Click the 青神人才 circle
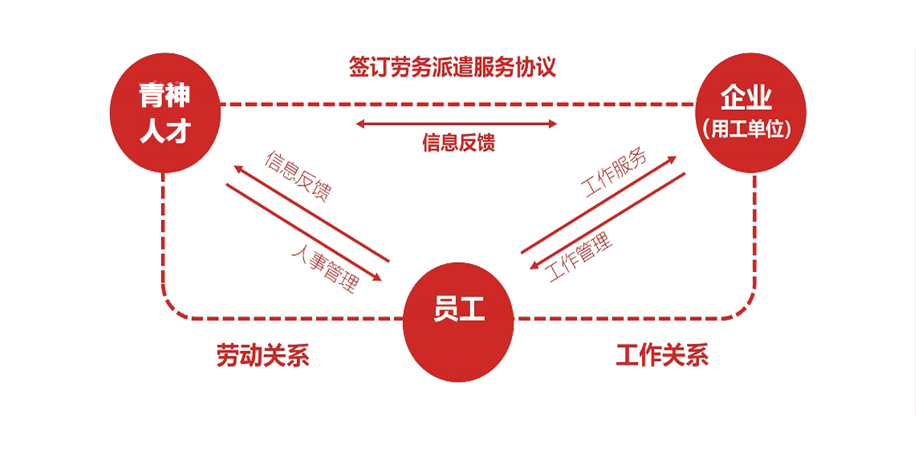pyautogui.click(x=165, y=112)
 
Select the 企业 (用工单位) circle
pyautogui.click(x=750, y=112)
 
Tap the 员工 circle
pyautogui.click(x=459, y=322)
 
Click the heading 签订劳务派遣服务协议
pyautogui.click(x=452, y=67)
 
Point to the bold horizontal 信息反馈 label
pyautogui.click(x=459, y=143)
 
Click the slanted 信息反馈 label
pyautogui.click(x=298, y=176)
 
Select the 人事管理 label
pyautogui.click(x=326, y=268)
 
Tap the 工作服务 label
pyautogui.click(x=614, y=173)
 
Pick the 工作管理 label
pyautogui.click(x=579, y=256)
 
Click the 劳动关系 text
pyautogui.click(x=263, y=355)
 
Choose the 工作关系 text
pyautogui.click(x=662, y=355)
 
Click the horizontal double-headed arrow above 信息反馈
pyautogui.click(x=456, y=124)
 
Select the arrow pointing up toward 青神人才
pyautogui.click(x=311, y=213)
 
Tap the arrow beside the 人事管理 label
pyautogui.click(x=304, y=233)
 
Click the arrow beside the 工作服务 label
pyautogui.click(x=598, y=205)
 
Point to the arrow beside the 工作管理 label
pyautogui.click(x=608, y=221)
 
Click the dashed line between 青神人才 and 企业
pyautogui.click(x=457, y=105)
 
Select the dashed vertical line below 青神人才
pyautogui.click(x=163, y=229)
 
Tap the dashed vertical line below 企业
pyautogui.click(x=754, y=229)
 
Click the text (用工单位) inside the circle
pyautogui.click(x=747, y=129)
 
